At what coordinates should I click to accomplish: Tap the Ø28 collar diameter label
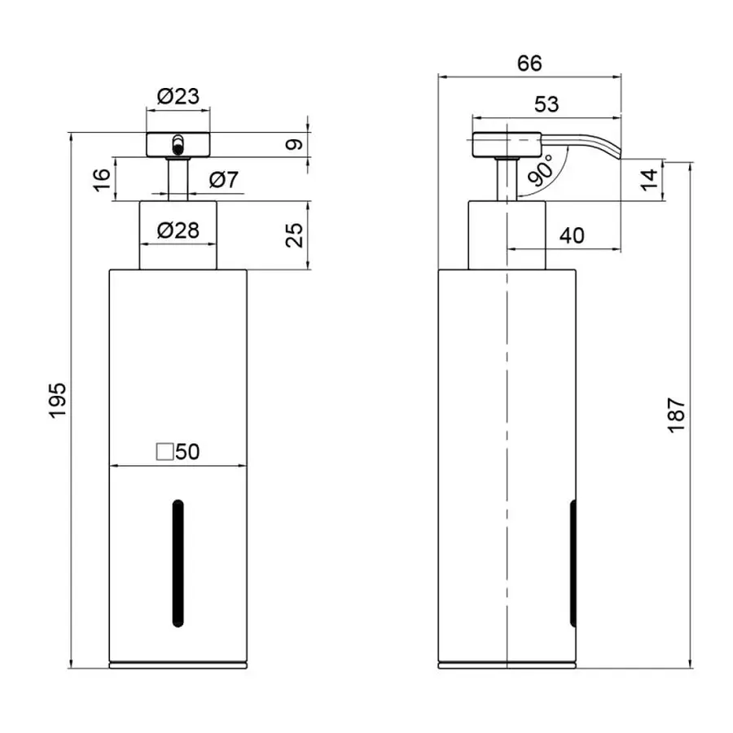point(177,230)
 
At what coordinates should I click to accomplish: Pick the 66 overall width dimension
point(529,63)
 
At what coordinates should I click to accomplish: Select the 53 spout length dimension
point(547,103)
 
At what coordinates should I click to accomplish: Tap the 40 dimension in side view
point(573,235)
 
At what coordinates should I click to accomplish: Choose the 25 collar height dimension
point(296,235)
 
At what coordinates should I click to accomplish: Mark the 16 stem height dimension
point(99,179)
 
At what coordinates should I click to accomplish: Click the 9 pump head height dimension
point(296,145)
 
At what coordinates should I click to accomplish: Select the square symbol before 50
point(164,452)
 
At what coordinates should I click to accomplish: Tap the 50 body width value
point(187,452)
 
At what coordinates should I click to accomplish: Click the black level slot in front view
point(177,563)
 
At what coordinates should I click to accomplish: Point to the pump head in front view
point(177,144)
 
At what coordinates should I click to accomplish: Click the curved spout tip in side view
point(612,151)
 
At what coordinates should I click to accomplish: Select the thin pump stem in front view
point(177,179)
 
